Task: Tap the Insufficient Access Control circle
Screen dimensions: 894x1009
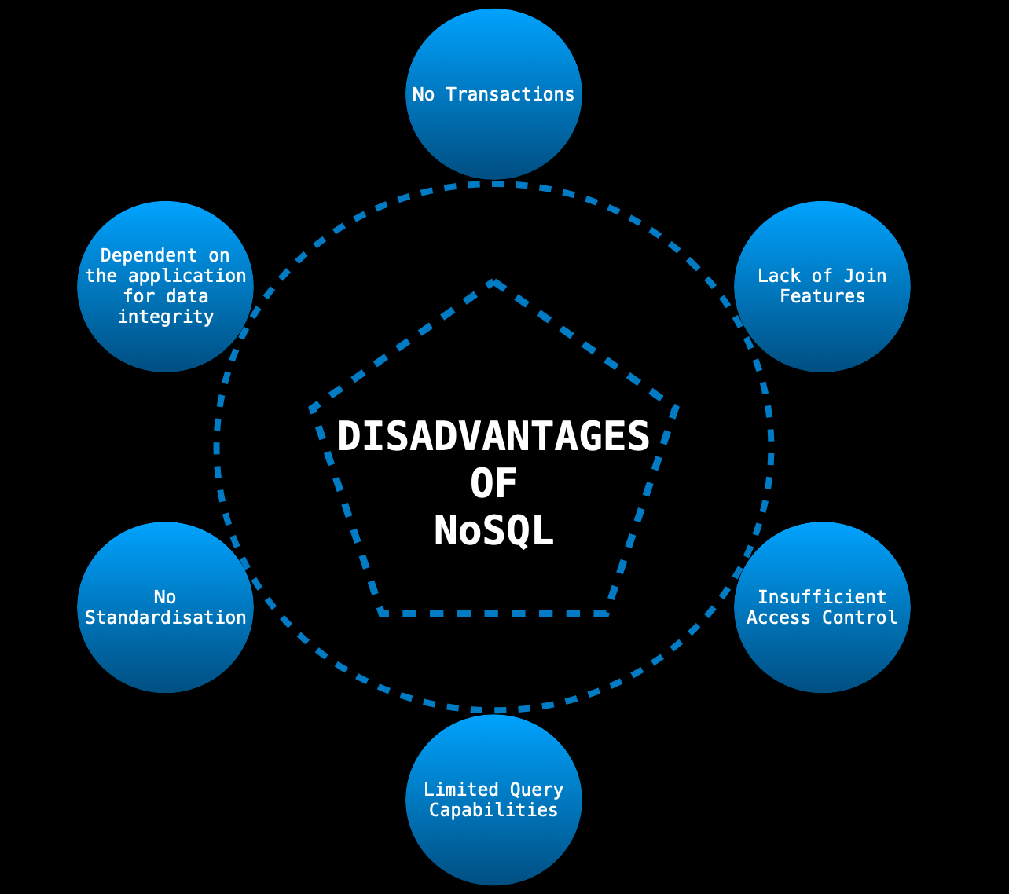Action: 822,652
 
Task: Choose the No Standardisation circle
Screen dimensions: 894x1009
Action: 165,652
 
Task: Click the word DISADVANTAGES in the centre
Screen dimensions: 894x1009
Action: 493,436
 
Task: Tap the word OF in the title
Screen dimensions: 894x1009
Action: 493,484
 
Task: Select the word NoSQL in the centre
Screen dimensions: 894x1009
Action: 493,532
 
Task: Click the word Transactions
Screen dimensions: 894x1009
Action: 510,94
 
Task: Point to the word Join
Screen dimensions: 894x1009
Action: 864,276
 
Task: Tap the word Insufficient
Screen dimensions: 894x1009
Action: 822,597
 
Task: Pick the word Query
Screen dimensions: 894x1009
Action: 537,790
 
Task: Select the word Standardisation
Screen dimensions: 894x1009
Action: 165,617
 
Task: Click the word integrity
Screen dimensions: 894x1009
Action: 165,317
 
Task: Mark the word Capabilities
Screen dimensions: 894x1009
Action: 493,810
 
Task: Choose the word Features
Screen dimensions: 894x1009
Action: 822,296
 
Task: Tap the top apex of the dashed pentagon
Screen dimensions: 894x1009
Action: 493,281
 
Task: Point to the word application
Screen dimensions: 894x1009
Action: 187,276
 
